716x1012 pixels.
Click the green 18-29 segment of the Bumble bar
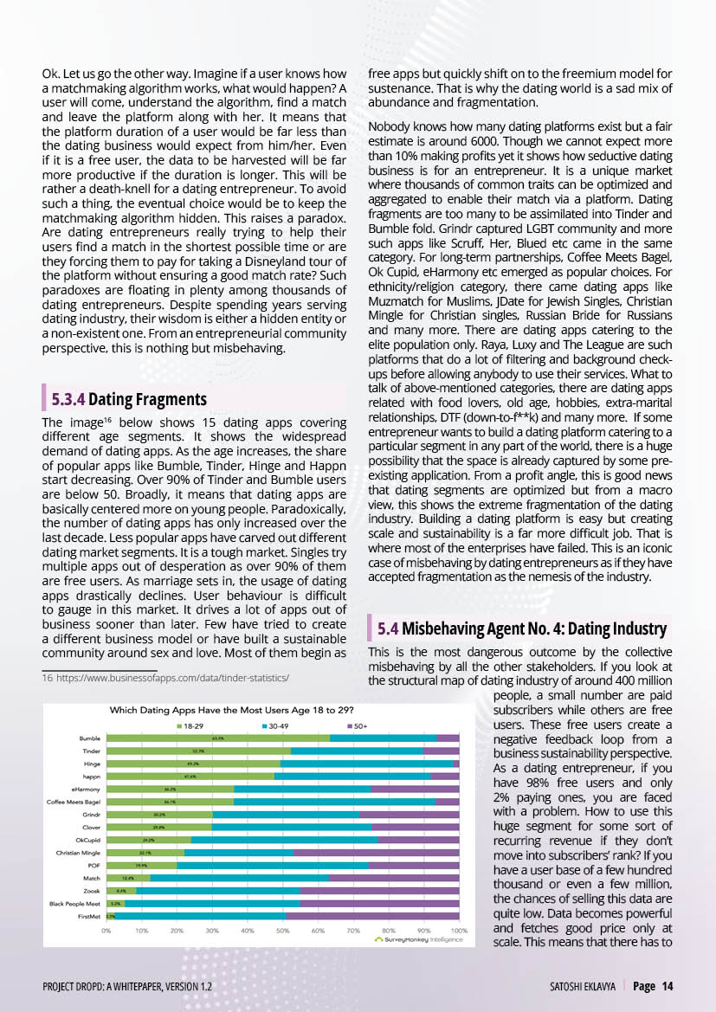pos(217,738)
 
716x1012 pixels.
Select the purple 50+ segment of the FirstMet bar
pos(372,915)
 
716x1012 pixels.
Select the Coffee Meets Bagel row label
pos(74,802)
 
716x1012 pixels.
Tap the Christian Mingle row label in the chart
pos(77,852)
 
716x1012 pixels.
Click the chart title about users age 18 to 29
pos(232,710)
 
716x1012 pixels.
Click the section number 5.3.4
pos(68,399)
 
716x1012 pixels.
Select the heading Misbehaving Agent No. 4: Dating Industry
pos(534,628)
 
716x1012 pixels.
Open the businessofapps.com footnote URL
pos(172,678)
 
